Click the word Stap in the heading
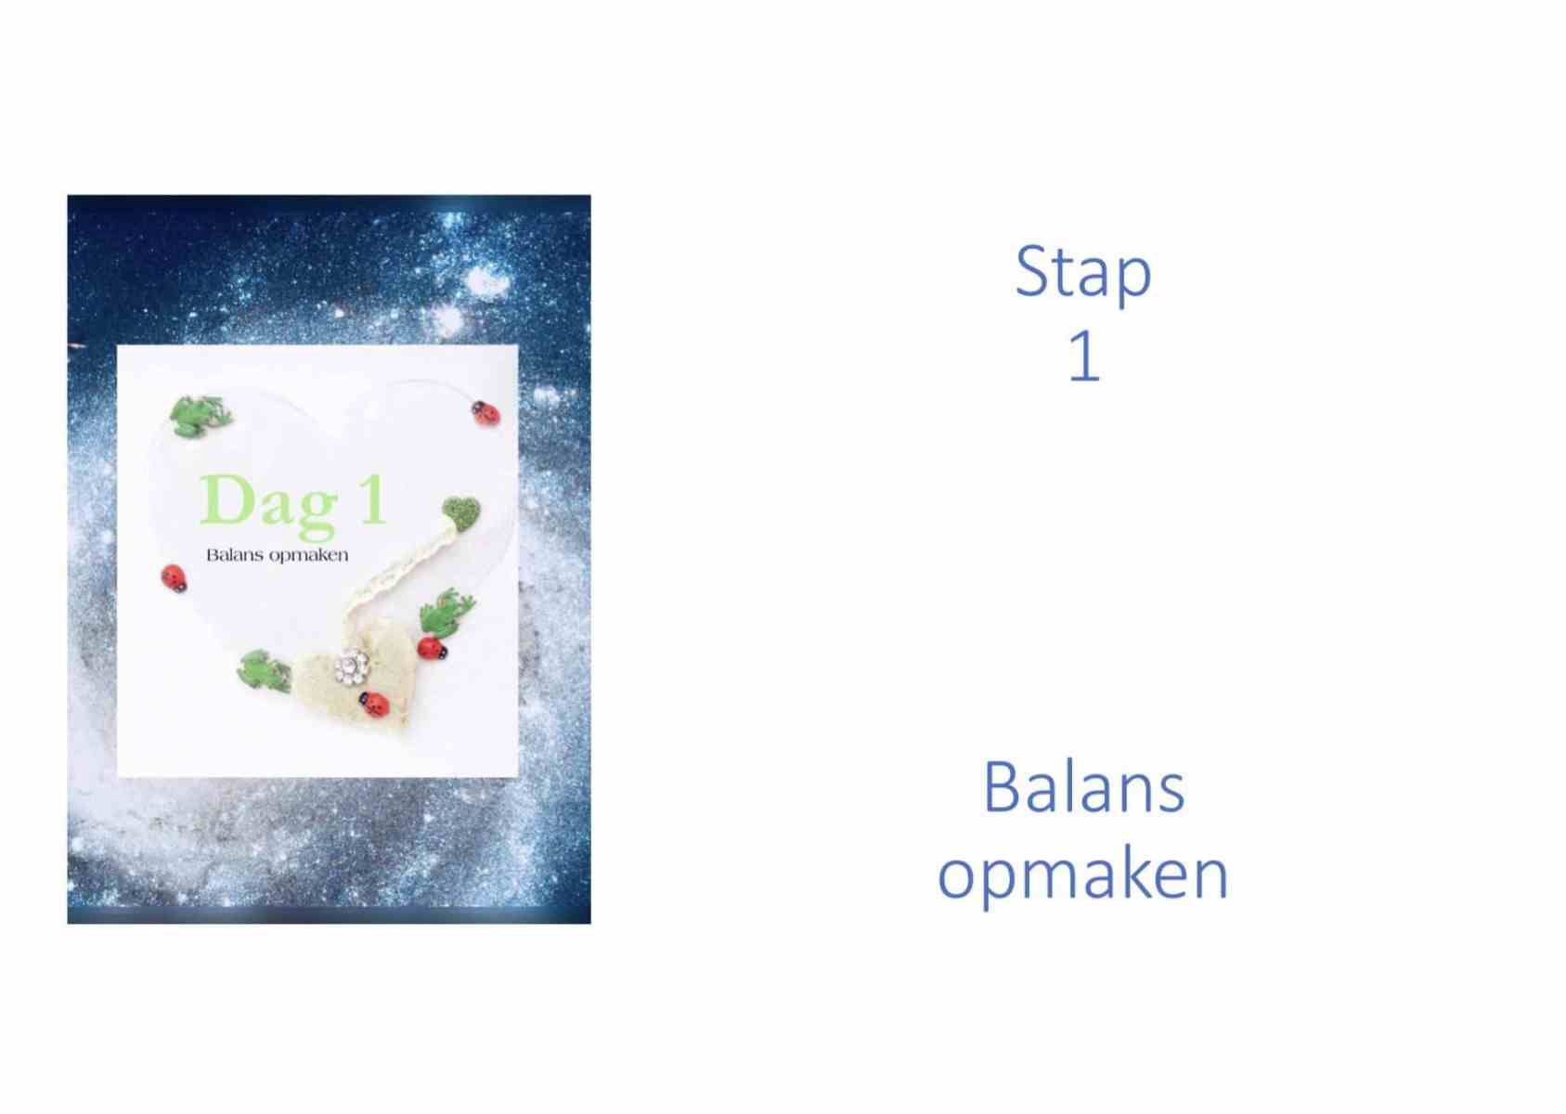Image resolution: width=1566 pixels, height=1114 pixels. click(1083, 274)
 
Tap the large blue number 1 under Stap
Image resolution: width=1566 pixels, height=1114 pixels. click(1085, 356)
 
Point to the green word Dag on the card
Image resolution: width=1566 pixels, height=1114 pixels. click(269, 505)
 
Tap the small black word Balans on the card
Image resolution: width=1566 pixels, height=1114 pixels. click(234, 555)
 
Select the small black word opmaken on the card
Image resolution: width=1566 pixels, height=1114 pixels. click(308, 557)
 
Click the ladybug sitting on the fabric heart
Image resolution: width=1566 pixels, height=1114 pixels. click(375, 704)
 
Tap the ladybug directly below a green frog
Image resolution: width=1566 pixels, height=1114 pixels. click(432, 648)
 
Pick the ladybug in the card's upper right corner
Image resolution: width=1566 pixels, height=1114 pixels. click(485, 412)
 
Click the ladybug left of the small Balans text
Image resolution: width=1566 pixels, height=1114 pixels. click(174, 578)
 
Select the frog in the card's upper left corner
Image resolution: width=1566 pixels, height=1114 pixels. click(201, 416)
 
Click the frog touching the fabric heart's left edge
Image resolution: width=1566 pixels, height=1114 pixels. click(265, 670)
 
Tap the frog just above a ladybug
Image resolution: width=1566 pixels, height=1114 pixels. click(446, 611)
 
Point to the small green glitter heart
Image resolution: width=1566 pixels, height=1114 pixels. click(461, 512)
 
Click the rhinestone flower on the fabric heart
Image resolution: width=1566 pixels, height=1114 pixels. click(352, 667)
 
